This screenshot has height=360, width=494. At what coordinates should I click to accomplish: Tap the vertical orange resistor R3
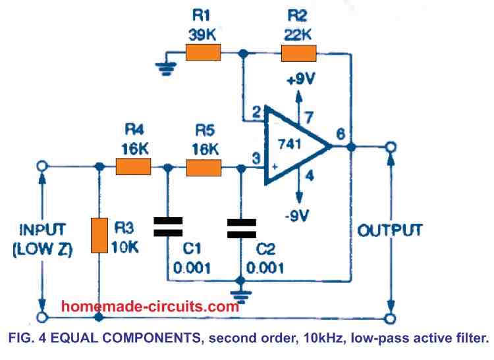(x=99, y=236)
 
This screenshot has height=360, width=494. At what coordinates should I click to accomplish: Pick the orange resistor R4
(x=133, y=168)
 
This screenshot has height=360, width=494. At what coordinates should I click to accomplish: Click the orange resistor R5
(x=205, y=168)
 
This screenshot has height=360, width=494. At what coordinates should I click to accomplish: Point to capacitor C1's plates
(x=167, y=228)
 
